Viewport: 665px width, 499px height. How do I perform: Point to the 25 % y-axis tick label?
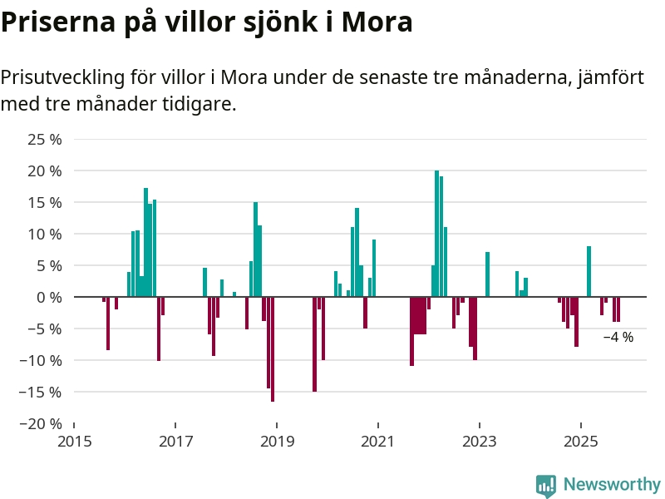point(46,139)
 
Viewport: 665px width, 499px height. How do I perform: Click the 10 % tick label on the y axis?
point(46,234)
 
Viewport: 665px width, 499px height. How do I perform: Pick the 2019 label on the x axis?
point(277,440)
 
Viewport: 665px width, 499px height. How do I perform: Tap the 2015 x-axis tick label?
point(74,440)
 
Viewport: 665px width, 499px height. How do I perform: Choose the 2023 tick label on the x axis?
point(480,440)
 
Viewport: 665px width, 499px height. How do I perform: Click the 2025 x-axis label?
point(581,440)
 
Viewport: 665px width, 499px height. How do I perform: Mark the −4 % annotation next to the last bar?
point(618,338)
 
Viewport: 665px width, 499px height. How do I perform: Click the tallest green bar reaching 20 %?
point(436,234)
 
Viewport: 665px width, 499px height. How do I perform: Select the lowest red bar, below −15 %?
point(273,349)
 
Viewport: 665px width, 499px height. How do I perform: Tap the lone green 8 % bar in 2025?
point(589,271)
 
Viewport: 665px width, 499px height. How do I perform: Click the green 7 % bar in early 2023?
point(487,274)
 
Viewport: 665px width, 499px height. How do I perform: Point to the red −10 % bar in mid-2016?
point(159,329)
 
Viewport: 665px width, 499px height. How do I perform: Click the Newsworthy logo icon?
point(546,486)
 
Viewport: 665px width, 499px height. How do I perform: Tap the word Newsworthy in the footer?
point(612,485)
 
